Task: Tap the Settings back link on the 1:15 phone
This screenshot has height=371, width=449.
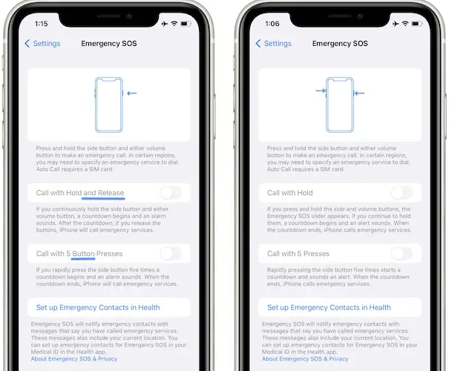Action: coord(42,44)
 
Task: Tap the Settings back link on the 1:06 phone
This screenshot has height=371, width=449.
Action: coord(273,44)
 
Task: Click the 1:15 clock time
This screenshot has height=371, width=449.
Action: coord(42,24)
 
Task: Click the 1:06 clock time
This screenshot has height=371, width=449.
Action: coord(272,24)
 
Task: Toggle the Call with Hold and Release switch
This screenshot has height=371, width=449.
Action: coord(171,193)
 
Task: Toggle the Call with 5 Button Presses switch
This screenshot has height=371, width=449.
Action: coord(171,254)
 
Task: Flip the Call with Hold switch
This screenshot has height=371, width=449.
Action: coord(402,193)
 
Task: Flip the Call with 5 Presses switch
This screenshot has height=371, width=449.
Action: coord(402,254)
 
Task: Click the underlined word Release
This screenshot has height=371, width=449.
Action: coord(111,193)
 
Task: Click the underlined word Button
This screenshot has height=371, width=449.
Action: coord(83,254)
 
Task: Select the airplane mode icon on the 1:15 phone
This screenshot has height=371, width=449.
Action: coord(165,24)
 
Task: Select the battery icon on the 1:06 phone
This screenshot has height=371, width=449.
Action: coord(416,24)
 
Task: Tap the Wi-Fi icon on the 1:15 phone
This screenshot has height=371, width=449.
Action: coord(174,24)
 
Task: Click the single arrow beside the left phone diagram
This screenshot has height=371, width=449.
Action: coord(131,93)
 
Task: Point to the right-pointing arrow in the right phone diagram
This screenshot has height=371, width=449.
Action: coord(321,91)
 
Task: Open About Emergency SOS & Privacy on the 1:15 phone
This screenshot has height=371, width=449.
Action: coord(74,358)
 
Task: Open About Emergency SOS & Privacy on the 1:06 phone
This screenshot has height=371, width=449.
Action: coord(305,358)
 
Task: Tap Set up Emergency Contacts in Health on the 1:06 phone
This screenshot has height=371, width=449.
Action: coord(329,307)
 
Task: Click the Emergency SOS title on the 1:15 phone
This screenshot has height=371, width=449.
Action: coord(109,44)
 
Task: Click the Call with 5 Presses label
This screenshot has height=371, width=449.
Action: coord(298,254)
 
